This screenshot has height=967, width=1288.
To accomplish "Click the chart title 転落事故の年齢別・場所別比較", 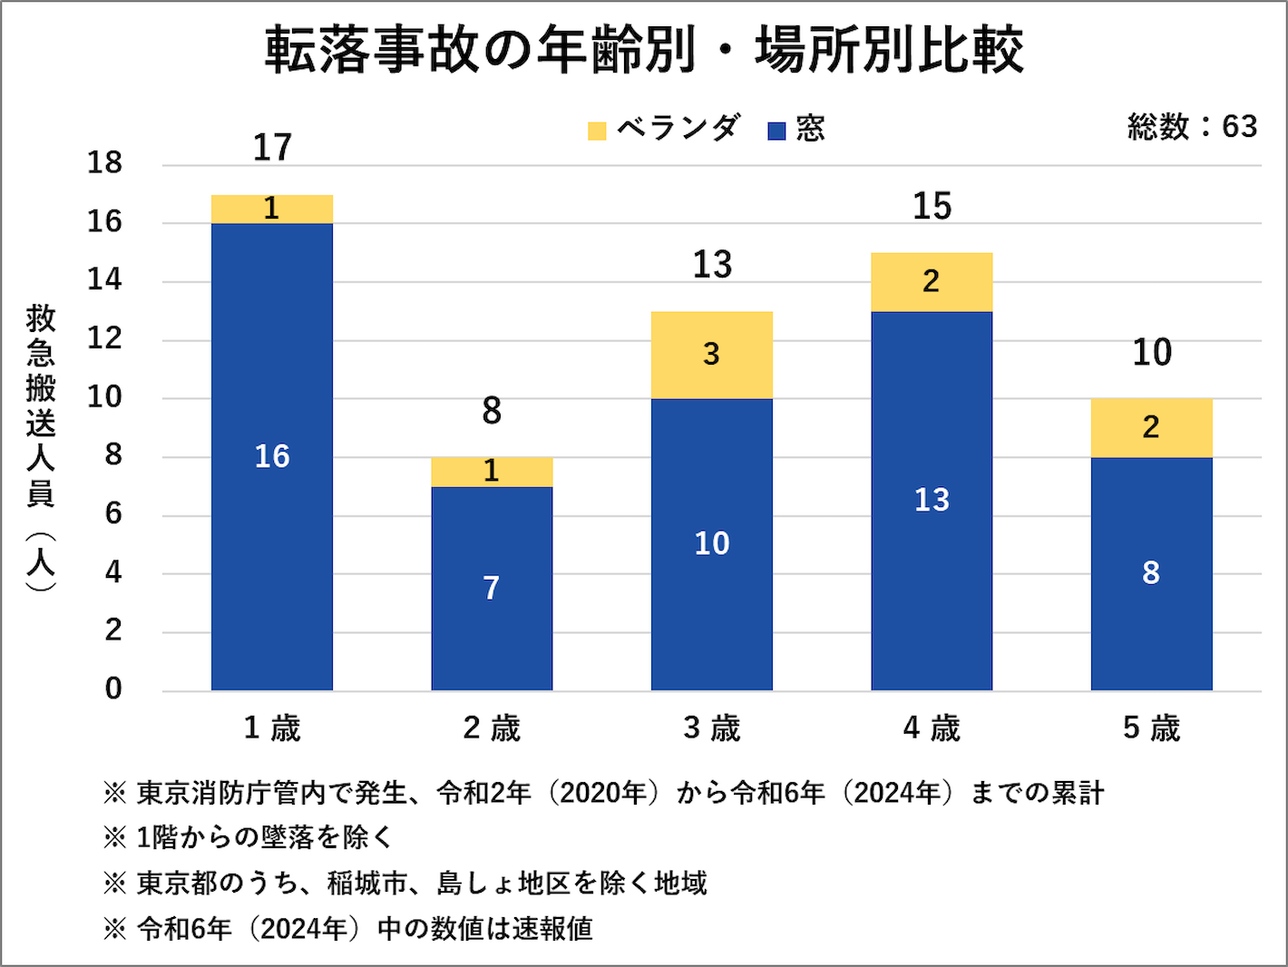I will click(x=644, y=50).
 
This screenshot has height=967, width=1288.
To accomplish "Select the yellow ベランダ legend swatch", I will click(x=597, y=131).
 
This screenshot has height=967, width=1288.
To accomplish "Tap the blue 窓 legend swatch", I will click(x=776, y=131).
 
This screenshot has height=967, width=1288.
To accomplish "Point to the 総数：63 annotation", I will click(x=1192, y=127).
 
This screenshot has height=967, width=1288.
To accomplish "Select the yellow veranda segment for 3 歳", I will click(x=712, y=355).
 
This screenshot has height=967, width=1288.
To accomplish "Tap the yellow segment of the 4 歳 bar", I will click(x=932, y=282).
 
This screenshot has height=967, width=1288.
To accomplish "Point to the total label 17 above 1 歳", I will click(x=272, y=148).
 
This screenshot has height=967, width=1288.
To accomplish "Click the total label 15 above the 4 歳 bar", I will click(x=932, y=207).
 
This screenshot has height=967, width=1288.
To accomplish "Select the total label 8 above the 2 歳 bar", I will click(x=492, y=411).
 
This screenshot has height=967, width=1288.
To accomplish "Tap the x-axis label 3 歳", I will click(x=712, y=728).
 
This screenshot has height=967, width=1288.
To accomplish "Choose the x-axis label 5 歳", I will click(x=1151, y=728).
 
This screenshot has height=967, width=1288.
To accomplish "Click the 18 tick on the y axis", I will click(x=104, y=163).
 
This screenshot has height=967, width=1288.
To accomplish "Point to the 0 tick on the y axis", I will click(x=112, y=689).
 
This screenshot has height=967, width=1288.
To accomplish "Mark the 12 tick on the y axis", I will click(x=104, y=339).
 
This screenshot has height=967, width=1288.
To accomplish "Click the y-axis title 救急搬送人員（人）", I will click(x=41, y=449).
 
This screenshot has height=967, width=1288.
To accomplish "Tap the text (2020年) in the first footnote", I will click(x=603, y=793).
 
